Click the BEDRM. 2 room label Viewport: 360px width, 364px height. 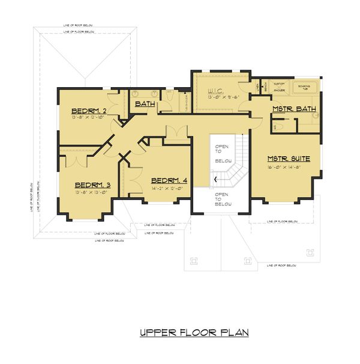89,111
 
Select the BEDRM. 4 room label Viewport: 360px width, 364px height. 169,181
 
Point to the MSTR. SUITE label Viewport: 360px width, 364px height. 289,159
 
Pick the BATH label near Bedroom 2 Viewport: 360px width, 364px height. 145,104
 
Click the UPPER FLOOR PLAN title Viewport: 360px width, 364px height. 193,332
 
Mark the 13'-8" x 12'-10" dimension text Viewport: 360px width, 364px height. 89,118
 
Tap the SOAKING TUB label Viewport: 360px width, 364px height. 304,88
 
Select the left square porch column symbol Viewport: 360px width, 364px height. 193,260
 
